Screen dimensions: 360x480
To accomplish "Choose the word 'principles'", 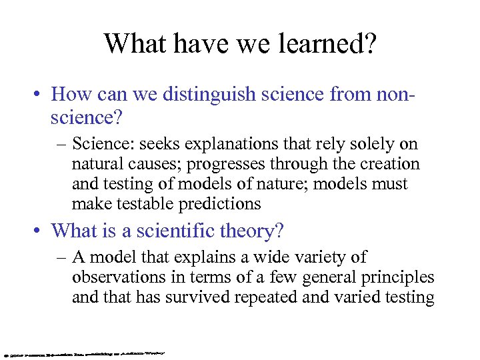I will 398,277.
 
